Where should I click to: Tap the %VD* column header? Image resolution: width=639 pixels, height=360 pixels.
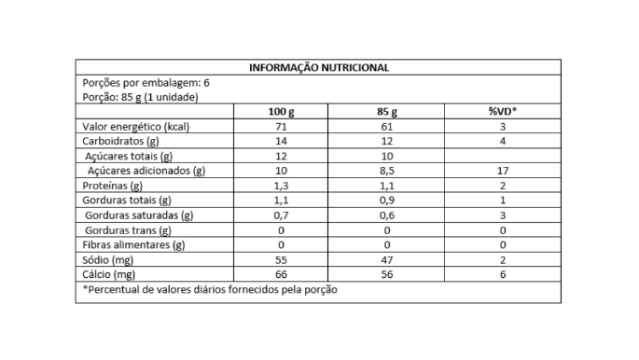(x=502, y=112)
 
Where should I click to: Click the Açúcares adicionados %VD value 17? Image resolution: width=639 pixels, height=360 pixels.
(x=502, y=172)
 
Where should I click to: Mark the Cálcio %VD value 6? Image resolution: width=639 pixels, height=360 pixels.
(x=502, y=275)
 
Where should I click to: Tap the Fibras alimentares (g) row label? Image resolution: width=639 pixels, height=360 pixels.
(x=135, y=245)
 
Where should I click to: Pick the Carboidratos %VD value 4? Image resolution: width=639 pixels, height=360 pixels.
(x=502, y=142)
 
